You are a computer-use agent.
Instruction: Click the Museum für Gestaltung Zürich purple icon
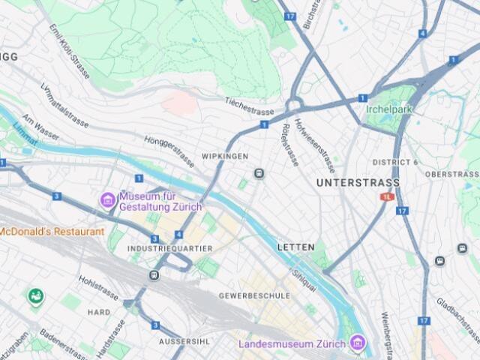pyautogui.click(x=108, y=200)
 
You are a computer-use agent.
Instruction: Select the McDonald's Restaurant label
pyautogui.click(x=51, y=231)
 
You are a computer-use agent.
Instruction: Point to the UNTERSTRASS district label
pyautogui.click(x=358, y=182)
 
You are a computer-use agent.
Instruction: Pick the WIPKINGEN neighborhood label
pyautogui.click(x=224, y=156)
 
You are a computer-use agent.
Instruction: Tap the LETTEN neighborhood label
pyautogui.click(x=296, y=247)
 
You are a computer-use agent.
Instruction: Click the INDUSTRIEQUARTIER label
pyautogui.click(x=169, y=248)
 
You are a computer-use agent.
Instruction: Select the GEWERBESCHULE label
pyautogui.click(x=254, y=295)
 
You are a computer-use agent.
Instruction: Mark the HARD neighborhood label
pyautogui.click(x=99, y=312)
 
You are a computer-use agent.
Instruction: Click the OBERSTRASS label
pyautogui.click(x=451, y=174)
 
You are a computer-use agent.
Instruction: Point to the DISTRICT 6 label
pyautogui.click(x=395, y=162)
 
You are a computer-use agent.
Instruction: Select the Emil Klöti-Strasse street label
pyautogui.click(x=69, y=44)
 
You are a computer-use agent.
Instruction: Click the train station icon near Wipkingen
pyautogui.click(x=259, y=173)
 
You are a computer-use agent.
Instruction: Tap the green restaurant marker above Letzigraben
pyautogui.click(x=34, y=296)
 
